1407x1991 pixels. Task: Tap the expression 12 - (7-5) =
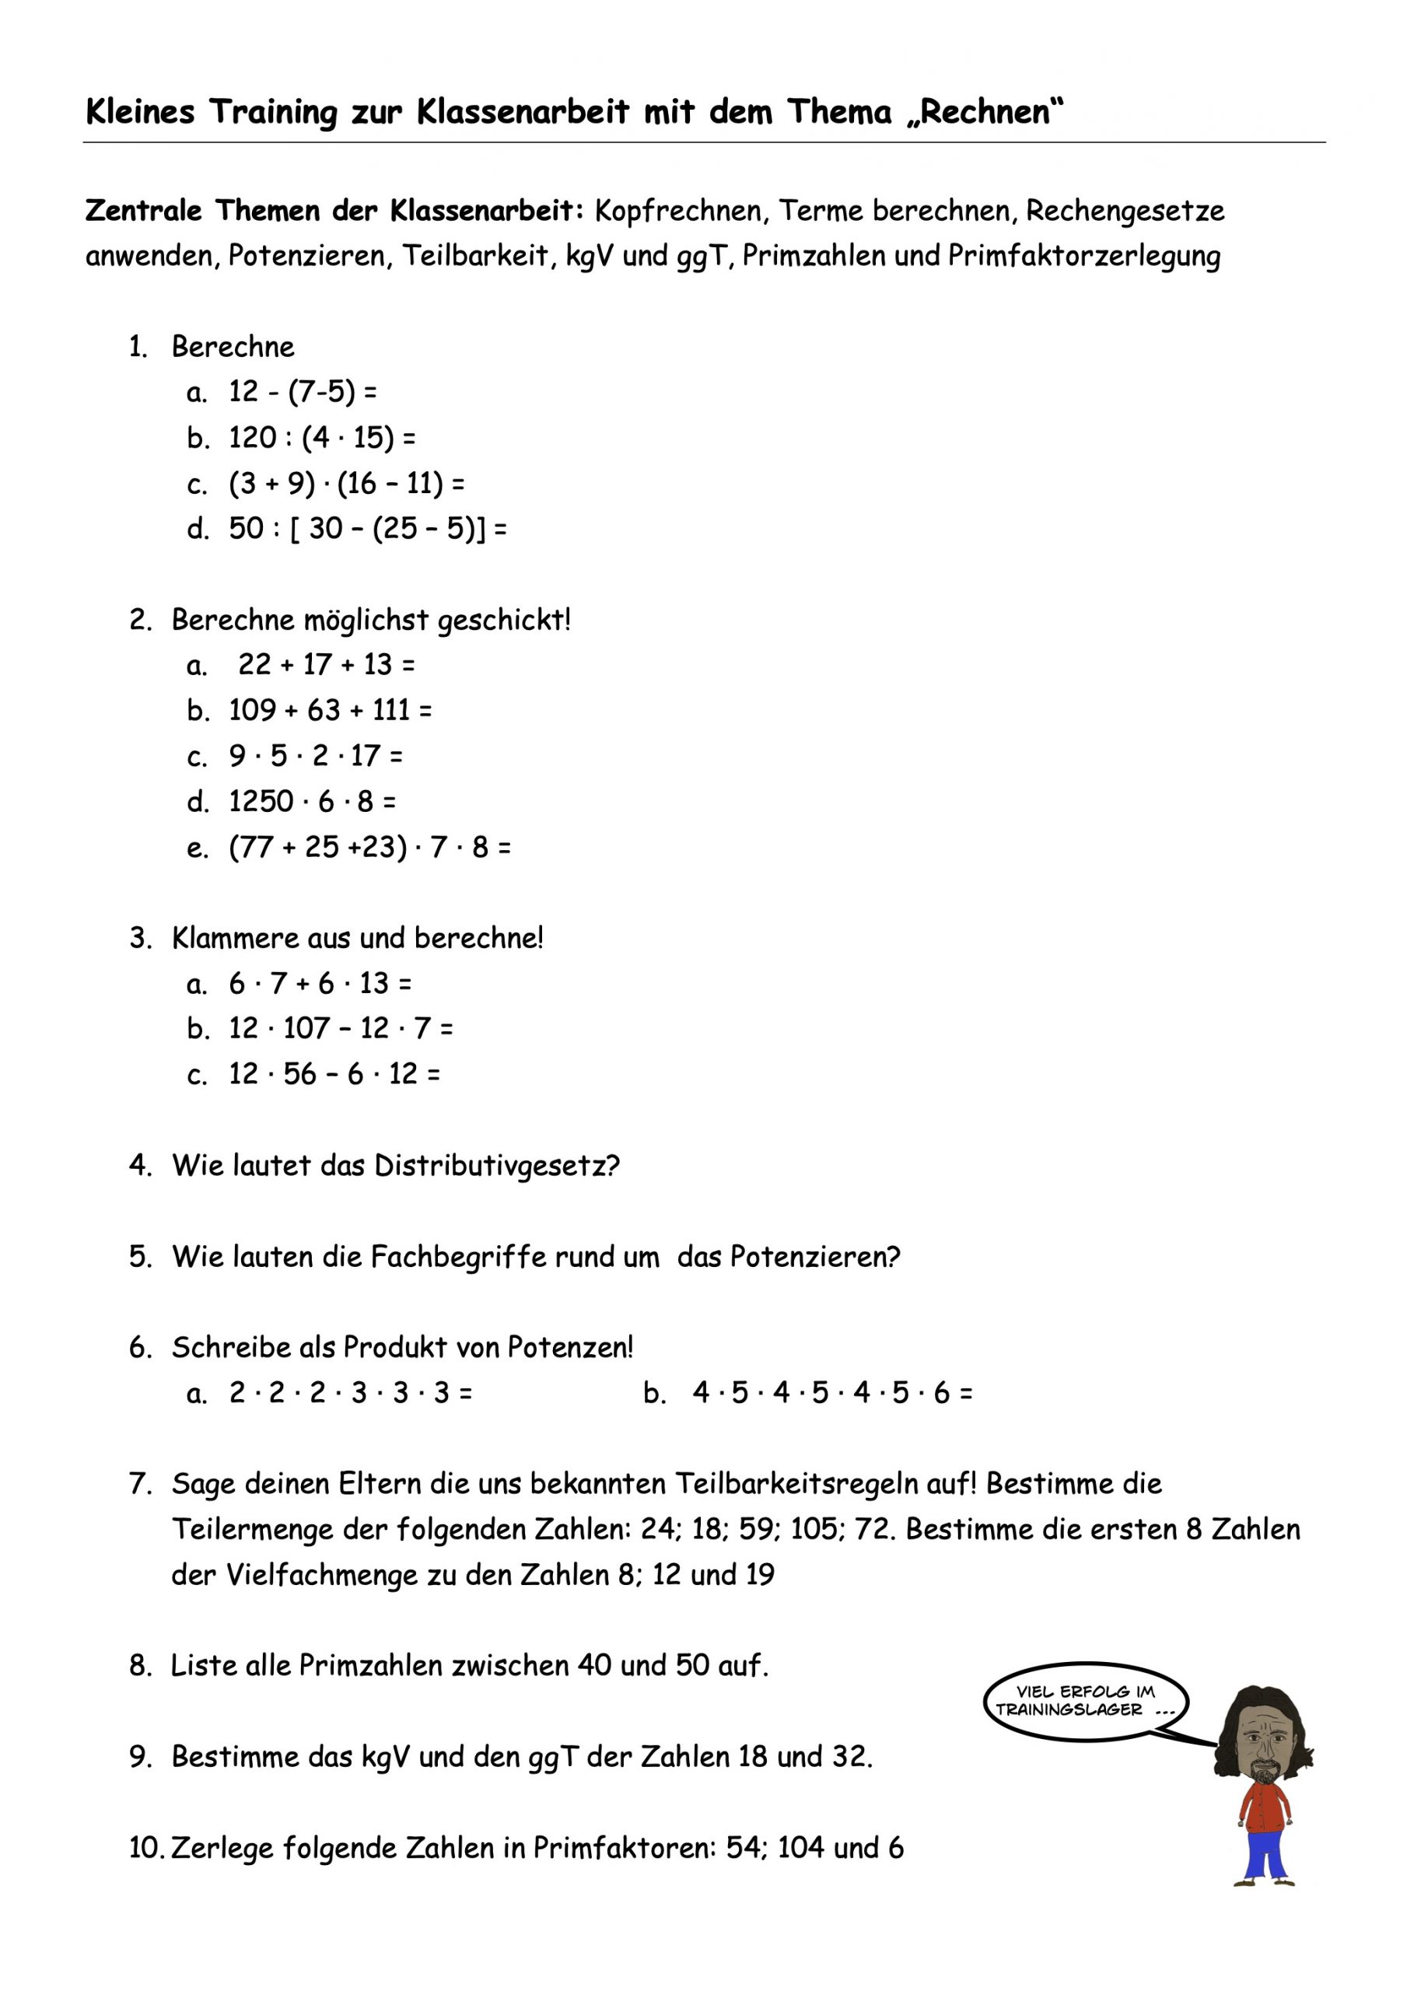(303, 392)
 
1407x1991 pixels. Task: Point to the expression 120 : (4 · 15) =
(322, 438)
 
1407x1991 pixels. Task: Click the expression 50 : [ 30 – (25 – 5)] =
(368, 528)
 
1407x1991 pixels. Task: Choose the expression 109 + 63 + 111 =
(330, 710)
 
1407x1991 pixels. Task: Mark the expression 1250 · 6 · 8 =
(313, 801)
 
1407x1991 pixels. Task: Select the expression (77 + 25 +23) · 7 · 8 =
(369, 847)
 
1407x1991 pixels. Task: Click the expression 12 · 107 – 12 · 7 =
(341, 1028)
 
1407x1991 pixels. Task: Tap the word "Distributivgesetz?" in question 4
(497, 1166)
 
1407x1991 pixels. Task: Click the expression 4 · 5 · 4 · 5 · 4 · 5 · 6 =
(833, 1394)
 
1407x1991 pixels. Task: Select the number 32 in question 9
(850, 1757)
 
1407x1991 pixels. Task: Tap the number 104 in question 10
(800, 1848)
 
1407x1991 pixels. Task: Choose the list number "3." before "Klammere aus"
(142, 938)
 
